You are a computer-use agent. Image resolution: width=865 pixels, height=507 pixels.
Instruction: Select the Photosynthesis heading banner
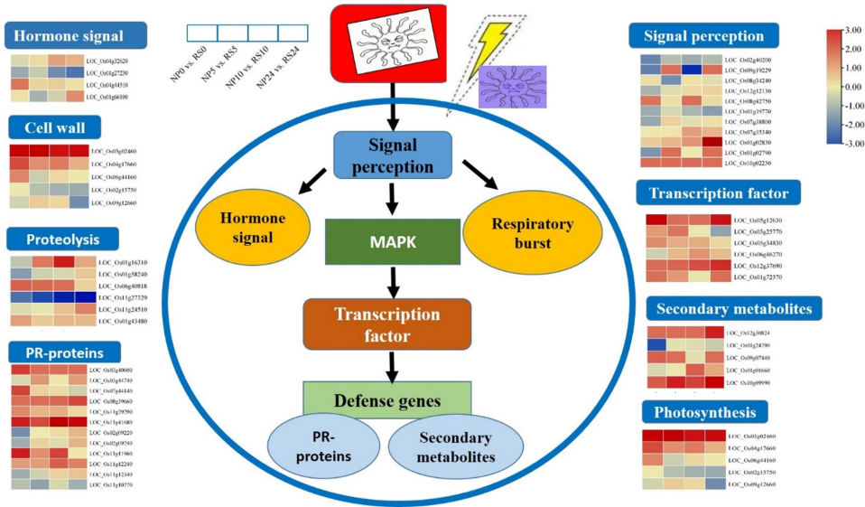click(x=705, y=413)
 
